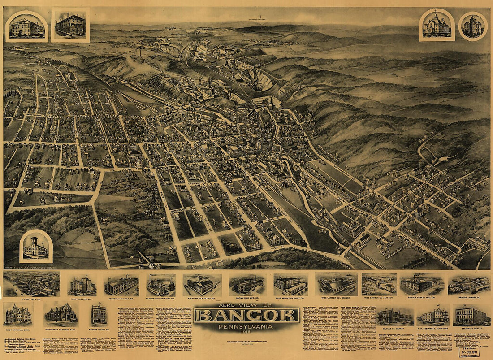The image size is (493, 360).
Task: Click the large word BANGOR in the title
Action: (x=246, y=316)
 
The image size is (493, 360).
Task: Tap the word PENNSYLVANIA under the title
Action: (x=246, y=327)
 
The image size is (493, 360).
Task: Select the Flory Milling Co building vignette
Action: (x=82, y=285)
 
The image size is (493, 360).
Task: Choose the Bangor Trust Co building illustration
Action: (x=99, y=315)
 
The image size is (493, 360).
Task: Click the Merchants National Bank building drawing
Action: (x=61, y=314)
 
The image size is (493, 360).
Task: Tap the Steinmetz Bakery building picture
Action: (x=471, y=315)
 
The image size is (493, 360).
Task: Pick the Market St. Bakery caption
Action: (x=394, y=329)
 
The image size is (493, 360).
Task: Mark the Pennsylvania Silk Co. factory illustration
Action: (x=121, y=285)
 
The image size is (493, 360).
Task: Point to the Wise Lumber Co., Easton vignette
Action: (x=379, y=284)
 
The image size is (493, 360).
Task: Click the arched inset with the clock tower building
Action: (x=36, y=246)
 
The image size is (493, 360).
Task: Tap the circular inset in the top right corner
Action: (x=473, y=26)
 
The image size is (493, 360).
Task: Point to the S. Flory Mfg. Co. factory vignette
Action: (x=31, y=284)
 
